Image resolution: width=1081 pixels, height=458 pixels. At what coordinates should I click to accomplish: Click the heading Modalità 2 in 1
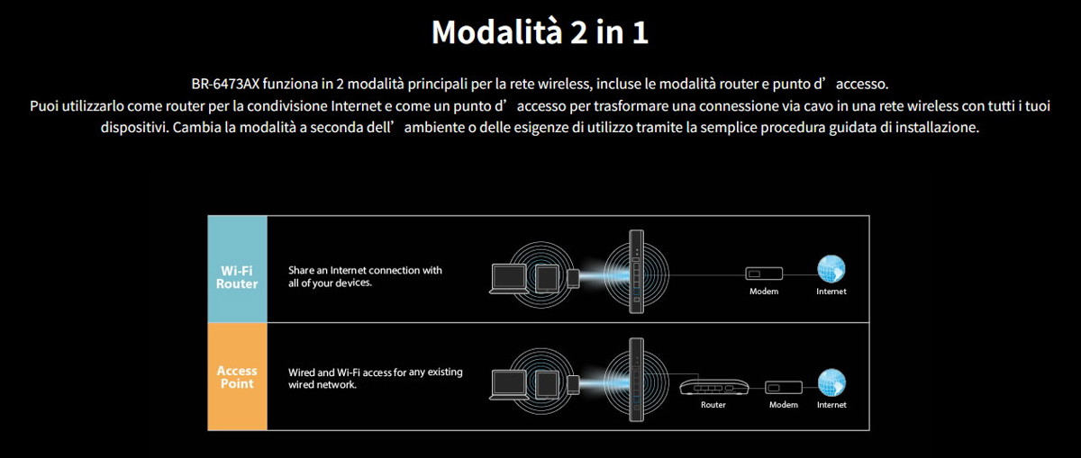coord(540,32)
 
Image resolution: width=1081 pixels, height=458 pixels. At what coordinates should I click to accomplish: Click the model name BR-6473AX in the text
coord(225,84)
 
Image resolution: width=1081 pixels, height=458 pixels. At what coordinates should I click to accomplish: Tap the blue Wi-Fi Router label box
coord(237,269)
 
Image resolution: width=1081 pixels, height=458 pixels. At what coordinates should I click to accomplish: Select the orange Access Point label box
coord(237,376)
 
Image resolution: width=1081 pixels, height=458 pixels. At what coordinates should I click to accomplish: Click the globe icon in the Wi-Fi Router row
coord(831,269)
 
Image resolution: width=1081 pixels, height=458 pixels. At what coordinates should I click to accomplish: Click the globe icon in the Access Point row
coord(831,382)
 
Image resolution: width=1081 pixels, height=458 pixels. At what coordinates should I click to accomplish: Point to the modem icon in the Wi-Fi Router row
coord(764,274)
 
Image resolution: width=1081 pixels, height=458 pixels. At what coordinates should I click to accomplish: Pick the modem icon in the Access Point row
coord(783,388)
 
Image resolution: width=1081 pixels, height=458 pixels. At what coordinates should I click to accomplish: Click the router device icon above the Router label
coord(713,387)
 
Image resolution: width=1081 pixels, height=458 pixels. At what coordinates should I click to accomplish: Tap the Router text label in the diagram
coord(713,405)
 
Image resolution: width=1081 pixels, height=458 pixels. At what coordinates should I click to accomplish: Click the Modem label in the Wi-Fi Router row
coord(764,292)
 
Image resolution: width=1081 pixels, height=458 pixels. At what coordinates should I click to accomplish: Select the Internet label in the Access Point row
coord(831,405)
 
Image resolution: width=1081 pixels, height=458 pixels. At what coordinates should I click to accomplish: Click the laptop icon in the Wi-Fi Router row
coord(509,279)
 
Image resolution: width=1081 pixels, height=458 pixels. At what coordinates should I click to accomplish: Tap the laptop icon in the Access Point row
coord(509,385)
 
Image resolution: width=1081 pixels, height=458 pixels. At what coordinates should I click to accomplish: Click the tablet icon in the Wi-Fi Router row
coord(548,279)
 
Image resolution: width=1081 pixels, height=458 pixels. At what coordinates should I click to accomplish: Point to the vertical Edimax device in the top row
coord(637,272)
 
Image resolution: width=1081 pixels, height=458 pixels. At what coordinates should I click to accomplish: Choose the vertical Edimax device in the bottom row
coord(637,380)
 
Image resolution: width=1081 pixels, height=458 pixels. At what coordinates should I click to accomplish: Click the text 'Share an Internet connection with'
coord(365,271)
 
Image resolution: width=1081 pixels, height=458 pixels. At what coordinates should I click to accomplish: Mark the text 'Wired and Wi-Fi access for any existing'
coord(376,373)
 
